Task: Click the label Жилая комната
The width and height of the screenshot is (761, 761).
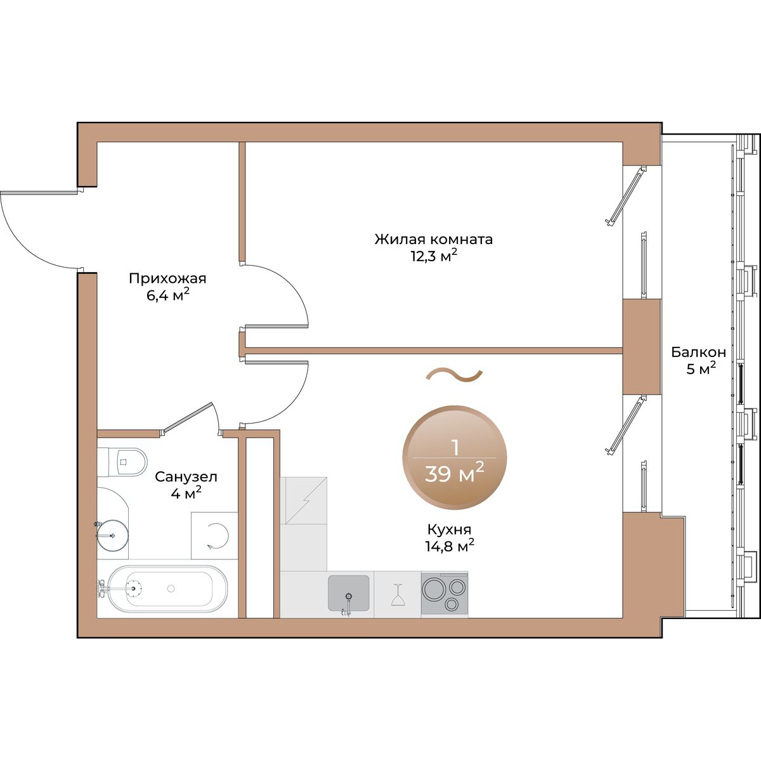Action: click(433, 240)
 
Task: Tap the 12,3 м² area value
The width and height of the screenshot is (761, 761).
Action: click(433, 256)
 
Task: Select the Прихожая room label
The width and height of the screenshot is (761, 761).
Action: click(167, 278)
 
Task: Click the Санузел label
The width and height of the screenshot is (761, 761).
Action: click(186, 476)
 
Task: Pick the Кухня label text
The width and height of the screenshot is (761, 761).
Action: click(449, 530)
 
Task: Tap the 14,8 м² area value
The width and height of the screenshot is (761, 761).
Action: click(449, 545)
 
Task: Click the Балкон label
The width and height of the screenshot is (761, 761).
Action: click(699, 352)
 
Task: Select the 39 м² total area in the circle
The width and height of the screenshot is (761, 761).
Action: click(454, 472)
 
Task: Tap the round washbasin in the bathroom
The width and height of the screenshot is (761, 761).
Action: click(113, 533)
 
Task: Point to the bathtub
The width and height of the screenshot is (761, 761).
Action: click(165, 589)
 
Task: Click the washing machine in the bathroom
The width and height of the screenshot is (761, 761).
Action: click(215, 536)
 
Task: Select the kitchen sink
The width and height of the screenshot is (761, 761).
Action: click(348, 593)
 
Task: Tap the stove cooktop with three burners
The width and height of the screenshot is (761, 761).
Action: click(444, 593)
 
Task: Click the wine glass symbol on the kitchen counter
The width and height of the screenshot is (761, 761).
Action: click(398, 595)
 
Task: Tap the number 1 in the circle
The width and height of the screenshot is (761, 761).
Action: click(454, 447)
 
